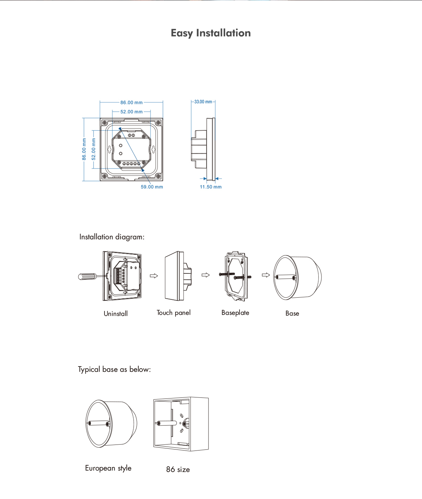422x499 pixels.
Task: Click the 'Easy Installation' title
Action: pyautogui.click(x=211, y=33)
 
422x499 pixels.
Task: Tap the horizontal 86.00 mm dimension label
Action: pyautogui.click(x=131, y=103)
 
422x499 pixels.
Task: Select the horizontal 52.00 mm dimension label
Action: pyautogui.click(x=131, y=112)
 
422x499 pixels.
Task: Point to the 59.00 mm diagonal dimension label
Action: pyautogui.click(x=152, y=187)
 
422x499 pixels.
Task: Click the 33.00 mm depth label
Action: pyautogui.click(x=203, y=102)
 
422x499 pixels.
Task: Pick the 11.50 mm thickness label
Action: pyautogui.click(x=211, y=187)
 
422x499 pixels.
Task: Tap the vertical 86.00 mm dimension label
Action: pyautogui.click(x=84, y=149)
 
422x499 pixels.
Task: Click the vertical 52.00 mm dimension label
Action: pyautogui.click(x=94, y=149)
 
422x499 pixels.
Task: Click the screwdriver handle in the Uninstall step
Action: pyautogui.click(x=86, y=277)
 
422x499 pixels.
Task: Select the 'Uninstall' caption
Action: pyautogui.click(x=116, y=313)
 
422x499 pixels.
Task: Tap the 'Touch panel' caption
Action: pyautogui.click(x=173, y=313)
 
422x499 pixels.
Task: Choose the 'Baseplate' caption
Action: pyautogui.click(x=235, y=313)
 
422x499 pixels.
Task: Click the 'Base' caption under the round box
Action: pyautogui.click(x=292, y=313)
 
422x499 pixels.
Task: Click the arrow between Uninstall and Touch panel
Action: pyautogui.click(x=154, y=276)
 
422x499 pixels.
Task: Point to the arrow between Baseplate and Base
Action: pyautogui.click(x=266, y=275)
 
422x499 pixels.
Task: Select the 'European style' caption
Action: pyautogui.click(x=108, y=468)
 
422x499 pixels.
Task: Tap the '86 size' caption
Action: pyautogui.click(x=178, y=469)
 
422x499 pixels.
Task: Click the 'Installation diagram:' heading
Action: pyautogui.click(x=112, y=237)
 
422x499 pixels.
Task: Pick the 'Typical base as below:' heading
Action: pyautogui.click(x=114, y=369)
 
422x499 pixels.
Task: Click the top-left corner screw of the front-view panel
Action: pyautogui.click(x=104, y=123)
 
